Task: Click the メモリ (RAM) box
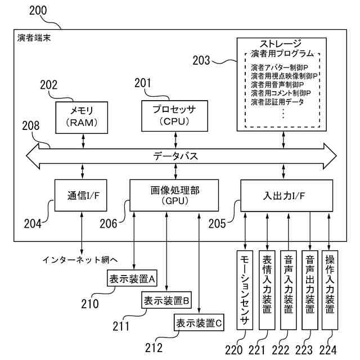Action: (82, 118)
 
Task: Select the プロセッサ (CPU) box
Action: (175, 116)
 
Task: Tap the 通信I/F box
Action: (81, 195)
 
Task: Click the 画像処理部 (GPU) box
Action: (174, 195)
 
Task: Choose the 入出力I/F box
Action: (287, 196)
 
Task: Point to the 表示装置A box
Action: (132, 278)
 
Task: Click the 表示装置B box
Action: (166, 300)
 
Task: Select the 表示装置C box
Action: (199, 322)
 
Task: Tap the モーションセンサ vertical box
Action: (245, 290)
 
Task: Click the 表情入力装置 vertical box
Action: (267, 290)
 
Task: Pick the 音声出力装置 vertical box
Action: (310, 290)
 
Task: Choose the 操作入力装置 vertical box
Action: (330, 290)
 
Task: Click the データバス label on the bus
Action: (175, 156)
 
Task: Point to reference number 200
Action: (38, 11)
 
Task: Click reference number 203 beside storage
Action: (201, 60)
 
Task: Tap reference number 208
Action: (31, 126)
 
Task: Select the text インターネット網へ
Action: (80, 260)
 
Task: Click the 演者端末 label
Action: (34, 38)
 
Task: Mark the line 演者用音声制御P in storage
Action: (277, 85)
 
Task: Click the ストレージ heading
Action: (281, 44)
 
